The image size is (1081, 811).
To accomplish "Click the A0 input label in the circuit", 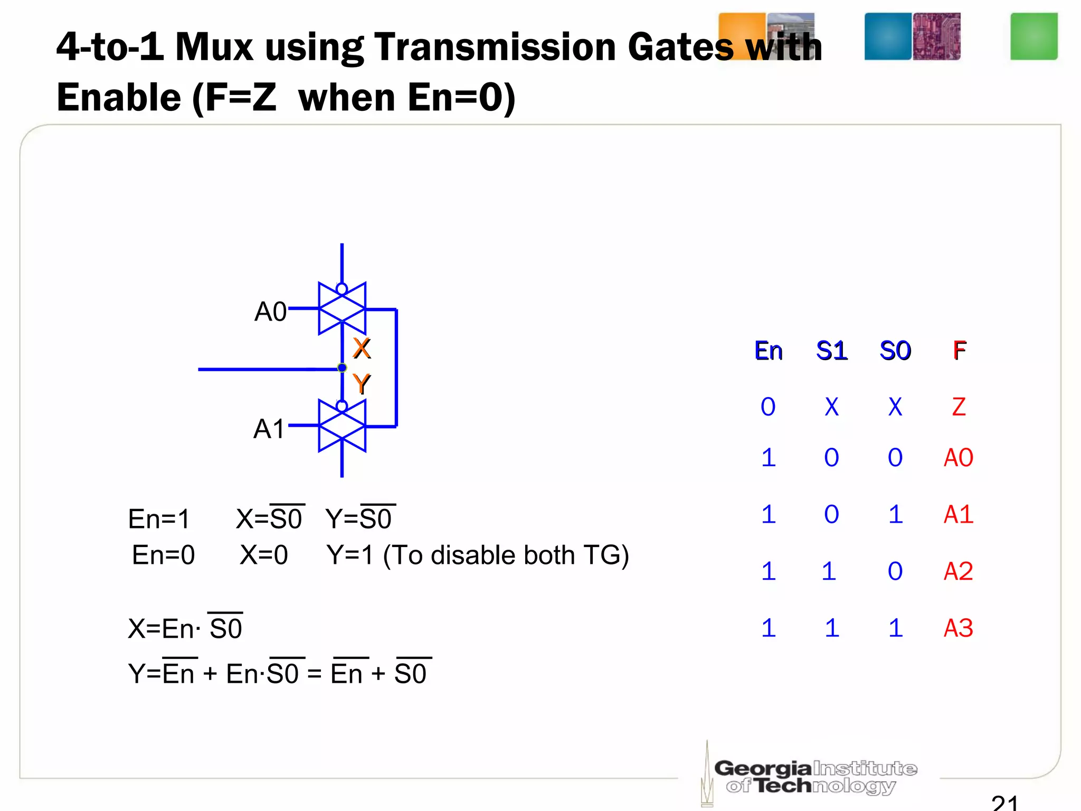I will point(270,312).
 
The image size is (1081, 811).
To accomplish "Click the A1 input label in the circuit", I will point(269,429).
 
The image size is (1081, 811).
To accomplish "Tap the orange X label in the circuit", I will point(362,348).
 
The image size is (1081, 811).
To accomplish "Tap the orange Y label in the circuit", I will point(362,384).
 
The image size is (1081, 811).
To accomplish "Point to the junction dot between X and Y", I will point(342,367).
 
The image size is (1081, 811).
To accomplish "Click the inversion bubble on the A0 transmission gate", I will point(342,289).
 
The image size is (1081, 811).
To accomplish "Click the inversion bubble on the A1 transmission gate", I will point(342,406).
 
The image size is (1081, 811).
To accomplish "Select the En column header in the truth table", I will point(768,351).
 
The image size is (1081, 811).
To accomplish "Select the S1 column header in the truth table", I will point(831,351).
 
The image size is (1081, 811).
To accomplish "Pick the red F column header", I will point(959,351).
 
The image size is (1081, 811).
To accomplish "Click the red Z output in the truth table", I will point(959,407).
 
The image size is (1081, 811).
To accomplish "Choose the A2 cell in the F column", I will point(958,571).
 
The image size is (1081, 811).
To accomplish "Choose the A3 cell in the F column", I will point(958,628).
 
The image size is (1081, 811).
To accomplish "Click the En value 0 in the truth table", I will point(768,407).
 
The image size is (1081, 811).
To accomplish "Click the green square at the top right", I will point(1033,36).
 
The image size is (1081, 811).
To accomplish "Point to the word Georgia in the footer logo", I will point(762,768).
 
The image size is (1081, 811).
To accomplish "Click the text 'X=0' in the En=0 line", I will point(264,555).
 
